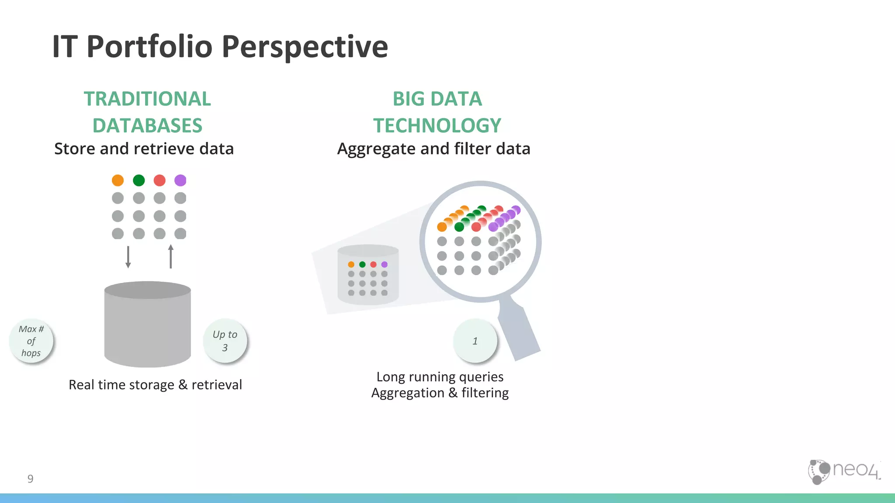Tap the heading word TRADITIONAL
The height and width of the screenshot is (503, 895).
147,99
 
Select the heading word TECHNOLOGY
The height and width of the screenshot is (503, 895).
437,126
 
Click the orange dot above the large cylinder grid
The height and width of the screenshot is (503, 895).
118,180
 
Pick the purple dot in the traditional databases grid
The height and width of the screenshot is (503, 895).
180,180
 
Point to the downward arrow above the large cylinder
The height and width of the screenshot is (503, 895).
128,257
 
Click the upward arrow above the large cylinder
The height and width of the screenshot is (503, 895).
170,256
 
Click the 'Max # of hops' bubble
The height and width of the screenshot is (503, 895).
31,341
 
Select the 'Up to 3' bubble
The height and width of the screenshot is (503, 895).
225,341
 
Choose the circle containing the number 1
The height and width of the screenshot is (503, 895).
475,341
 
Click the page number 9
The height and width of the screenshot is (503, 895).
30,479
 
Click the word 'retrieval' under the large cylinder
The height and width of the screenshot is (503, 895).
217,385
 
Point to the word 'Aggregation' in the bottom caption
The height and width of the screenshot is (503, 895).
408,393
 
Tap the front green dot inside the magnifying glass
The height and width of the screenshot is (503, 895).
459,227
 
